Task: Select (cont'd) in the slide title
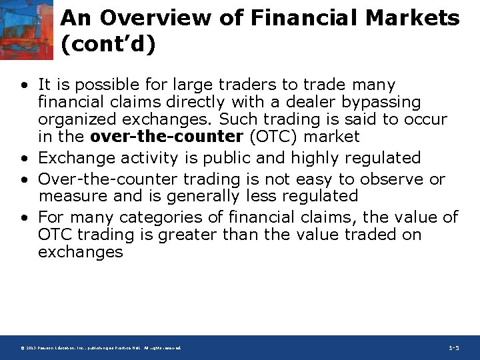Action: click(x=108, y=45)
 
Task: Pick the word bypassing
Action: click(x=385, y=103)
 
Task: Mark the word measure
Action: click(x=69, y=197)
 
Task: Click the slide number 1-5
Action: click(x=454, y=348)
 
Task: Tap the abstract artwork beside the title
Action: click(x=26, y=30)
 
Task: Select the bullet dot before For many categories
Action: click(x=24, y=218)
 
